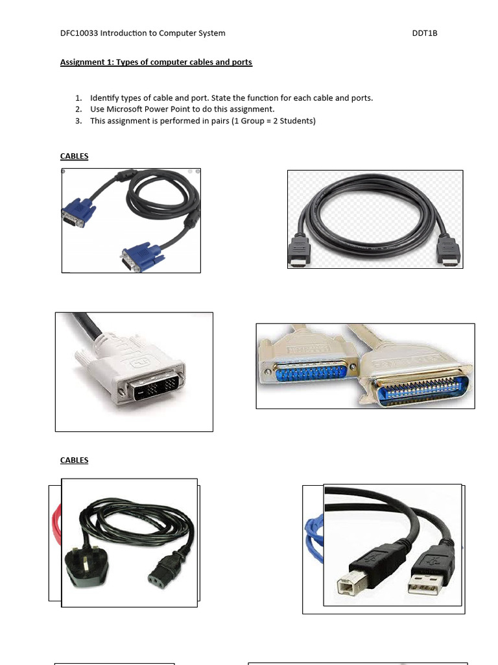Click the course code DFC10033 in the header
78,33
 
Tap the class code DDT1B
425,33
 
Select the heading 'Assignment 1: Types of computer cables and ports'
156,62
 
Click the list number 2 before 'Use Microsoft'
78,109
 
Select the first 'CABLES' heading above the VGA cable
74,157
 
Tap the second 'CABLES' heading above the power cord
74,460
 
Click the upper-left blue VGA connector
77,213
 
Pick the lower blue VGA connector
141,257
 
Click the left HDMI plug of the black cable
299,250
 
